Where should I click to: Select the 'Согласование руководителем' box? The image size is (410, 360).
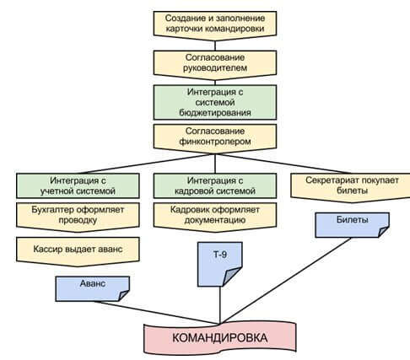pos(215,65)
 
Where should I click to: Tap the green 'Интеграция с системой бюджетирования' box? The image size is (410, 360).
pos(215,102)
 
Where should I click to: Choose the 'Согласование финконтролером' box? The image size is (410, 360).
pos(215,138)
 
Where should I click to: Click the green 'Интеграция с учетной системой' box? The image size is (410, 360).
pos(78,185)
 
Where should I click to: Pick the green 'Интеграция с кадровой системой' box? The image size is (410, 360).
pos(215,185)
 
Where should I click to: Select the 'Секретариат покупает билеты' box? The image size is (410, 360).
pos(350,187)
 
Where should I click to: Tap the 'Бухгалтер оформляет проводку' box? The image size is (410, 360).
pos(78,217)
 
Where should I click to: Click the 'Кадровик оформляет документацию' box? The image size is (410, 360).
pos(215,217)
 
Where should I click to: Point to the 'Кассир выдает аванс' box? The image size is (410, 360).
pos(78,251)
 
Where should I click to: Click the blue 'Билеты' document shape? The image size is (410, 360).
pos(352,225)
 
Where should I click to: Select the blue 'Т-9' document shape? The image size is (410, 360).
pos(220,264)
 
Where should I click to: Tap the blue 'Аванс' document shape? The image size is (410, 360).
pos(92,288)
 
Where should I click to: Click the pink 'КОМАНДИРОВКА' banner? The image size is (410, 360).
pos(220,338)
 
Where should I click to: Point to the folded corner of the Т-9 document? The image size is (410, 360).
pos(232,277)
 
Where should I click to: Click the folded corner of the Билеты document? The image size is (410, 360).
pos(384,232)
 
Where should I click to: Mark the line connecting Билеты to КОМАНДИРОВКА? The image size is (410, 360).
pos(285,281)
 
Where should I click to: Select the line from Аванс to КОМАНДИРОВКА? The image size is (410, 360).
pos(157,313)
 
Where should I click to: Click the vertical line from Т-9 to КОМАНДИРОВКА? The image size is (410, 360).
pos(220,305)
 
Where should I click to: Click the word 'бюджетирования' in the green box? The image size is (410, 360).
pos(215,113)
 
